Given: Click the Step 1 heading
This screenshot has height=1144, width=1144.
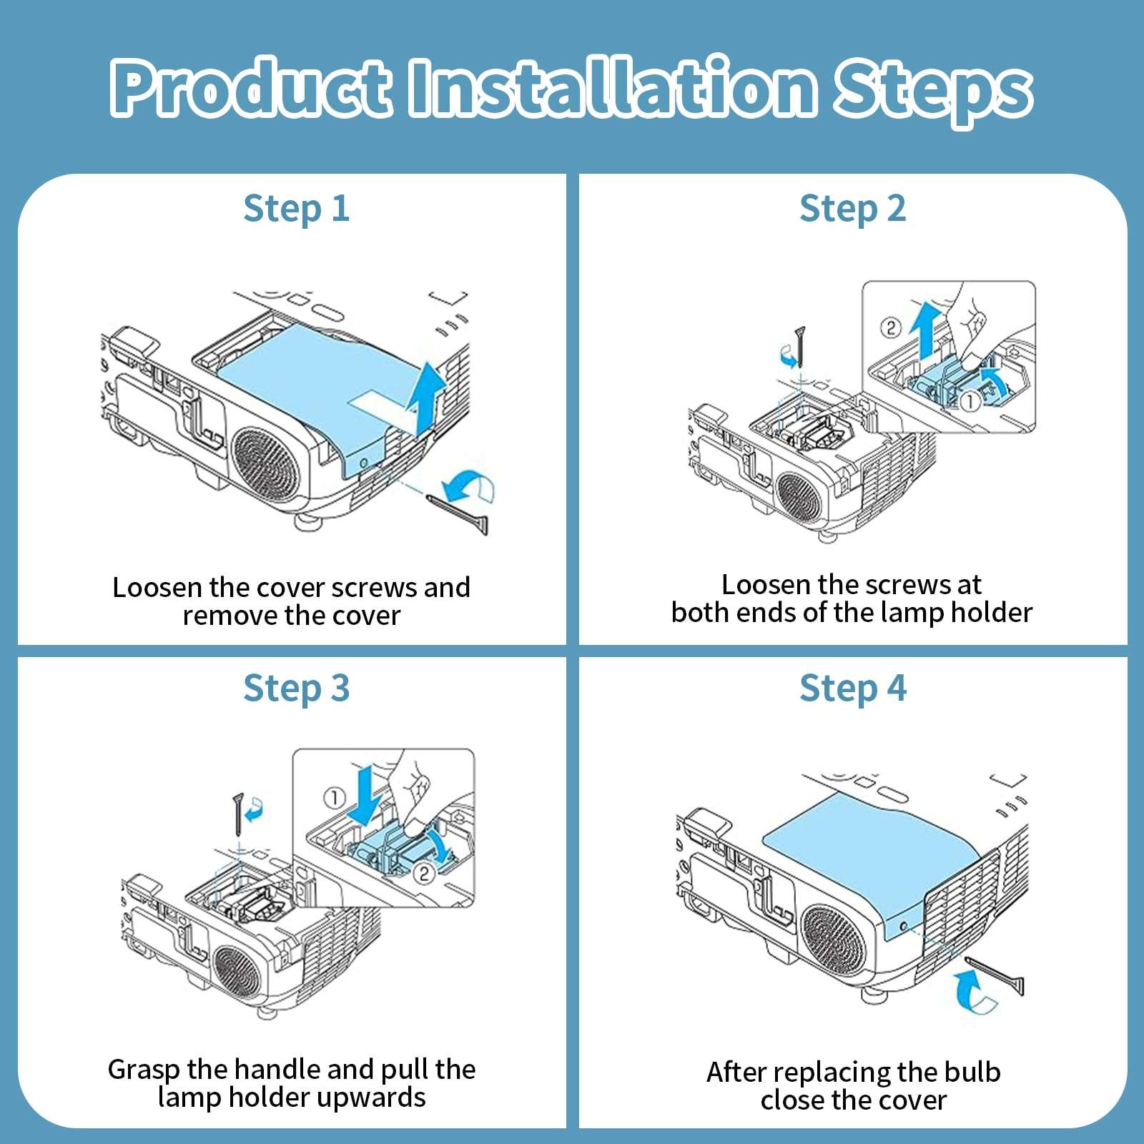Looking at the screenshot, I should coord(296,209).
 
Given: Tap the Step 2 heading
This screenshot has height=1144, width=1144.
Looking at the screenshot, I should coord(852,209).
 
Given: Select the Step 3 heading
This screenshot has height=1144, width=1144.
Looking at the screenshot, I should coord(296,689).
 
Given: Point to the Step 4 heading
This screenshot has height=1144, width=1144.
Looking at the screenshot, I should coord(852,689).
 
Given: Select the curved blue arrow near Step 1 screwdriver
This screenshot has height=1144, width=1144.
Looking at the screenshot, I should coord(468,486).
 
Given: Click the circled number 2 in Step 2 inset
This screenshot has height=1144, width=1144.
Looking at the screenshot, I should coord(890,328).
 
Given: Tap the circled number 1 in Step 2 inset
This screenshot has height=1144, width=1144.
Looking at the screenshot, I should coord(969,402).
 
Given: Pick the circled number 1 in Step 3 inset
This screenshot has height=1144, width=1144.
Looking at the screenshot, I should coord(335,797).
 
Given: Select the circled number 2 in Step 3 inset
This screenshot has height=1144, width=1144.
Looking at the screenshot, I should coord(424,873).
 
